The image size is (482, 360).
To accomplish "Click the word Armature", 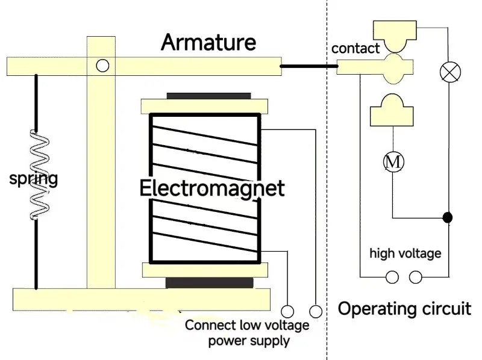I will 208,43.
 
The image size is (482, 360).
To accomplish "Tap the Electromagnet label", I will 211,188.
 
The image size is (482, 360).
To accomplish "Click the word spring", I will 34,179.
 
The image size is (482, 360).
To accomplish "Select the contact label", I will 355,49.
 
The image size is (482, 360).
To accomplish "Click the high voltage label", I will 405,253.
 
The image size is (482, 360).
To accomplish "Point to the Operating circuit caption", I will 404,309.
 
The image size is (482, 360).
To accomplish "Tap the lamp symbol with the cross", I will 449,72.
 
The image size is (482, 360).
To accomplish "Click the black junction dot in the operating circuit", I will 447,217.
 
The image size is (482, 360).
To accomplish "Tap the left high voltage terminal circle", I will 392,277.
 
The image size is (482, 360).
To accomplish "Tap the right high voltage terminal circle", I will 416,277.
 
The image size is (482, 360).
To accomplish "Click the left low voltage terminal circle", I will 287,311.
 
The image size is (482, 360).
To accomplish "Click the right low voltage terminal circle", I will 315,311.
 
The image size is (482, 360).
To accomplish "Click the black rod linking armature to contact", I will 309,66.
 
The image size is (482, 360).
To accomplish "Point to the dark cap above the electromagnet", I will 208,96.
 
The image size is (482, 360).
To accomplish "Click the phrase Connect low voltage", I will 247,326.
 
